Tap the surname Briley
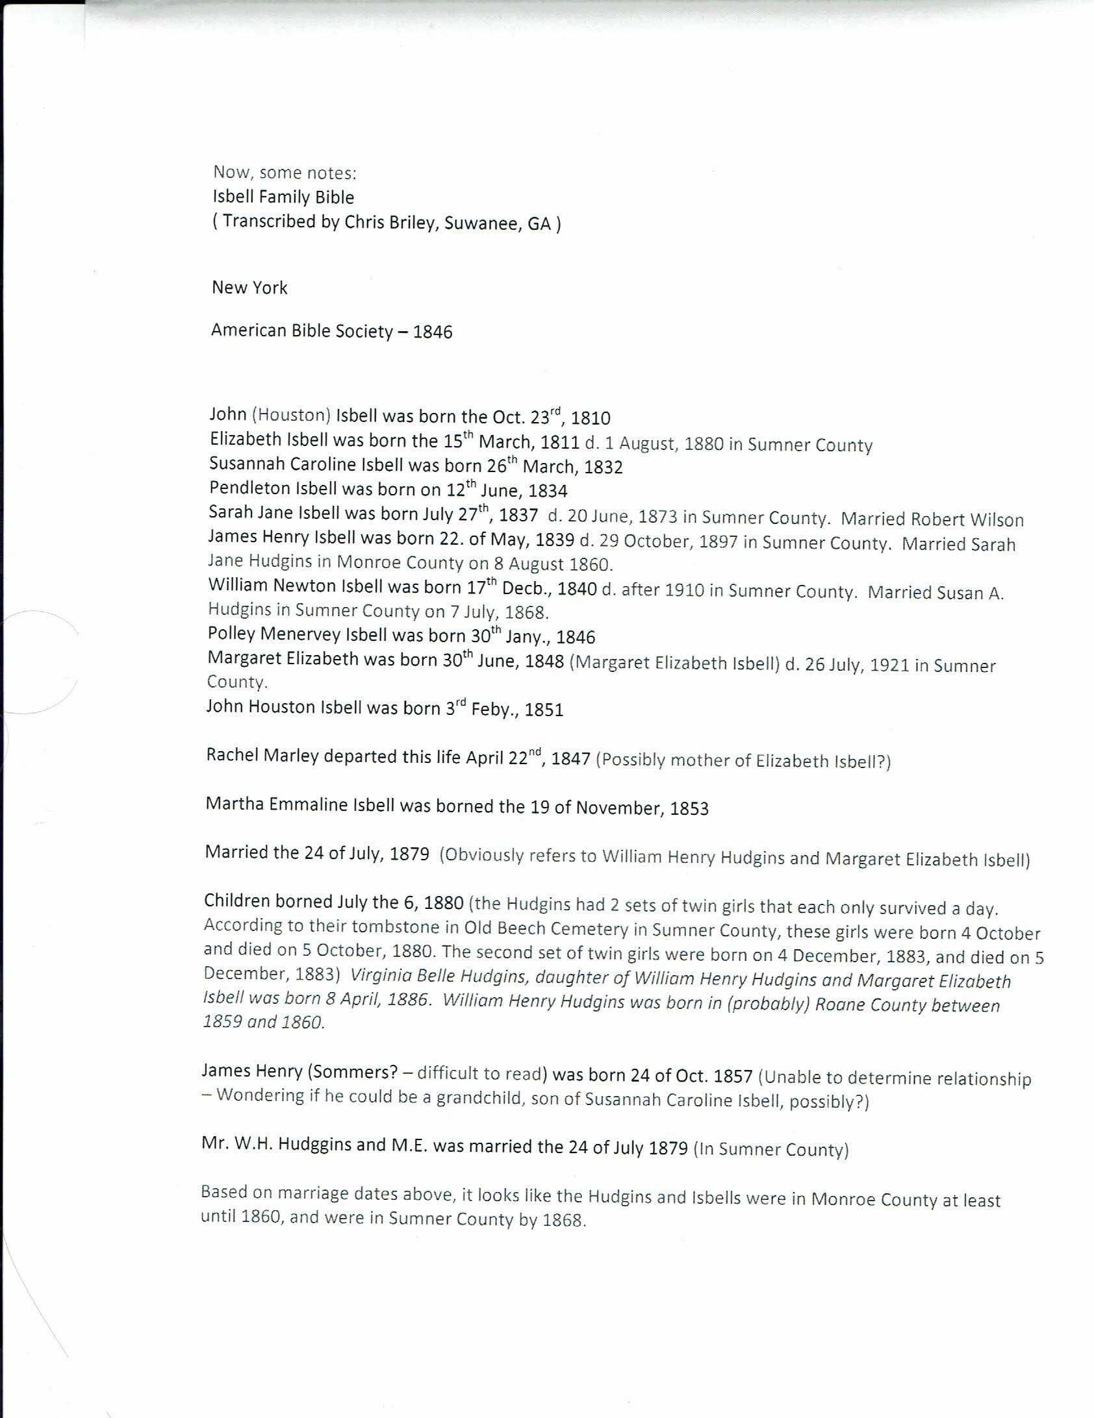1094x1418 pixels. pyautogui.click(x=413, y=223)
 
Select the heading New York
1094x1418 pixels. pyautogui.click(x=249, y=288)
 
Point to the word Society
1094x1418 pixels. pyautogui.click(x=364, y=331)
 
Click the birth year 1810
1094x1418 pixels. pyautogui.click(x=591, y=417)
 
